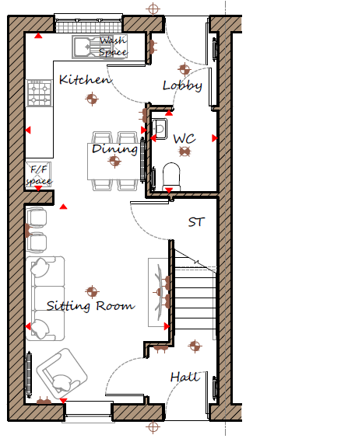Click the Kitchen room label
(85, 80)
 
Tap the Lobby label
(182, 85)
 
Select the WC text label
(185, 139)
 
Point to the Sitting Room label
(91, 306)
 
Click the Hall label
(185, 377)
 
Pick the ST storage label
(196, 222)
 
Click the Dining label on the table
(114, 149)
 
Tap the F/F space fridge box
(38, 175)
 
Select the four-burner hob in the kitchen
(39, 93)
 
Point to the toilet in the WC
(171, 176)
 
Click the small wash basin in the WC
(160, 129)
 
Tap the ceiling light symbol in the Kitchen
(92, 99)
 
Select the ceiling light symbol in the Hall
(195, 346)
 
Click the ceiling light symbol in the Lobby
(185, 69)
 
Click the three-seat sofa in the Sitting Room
(45, 298)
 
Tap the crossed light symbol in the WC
(185, 151)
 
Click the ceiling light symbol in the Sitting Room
(92, 292)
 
